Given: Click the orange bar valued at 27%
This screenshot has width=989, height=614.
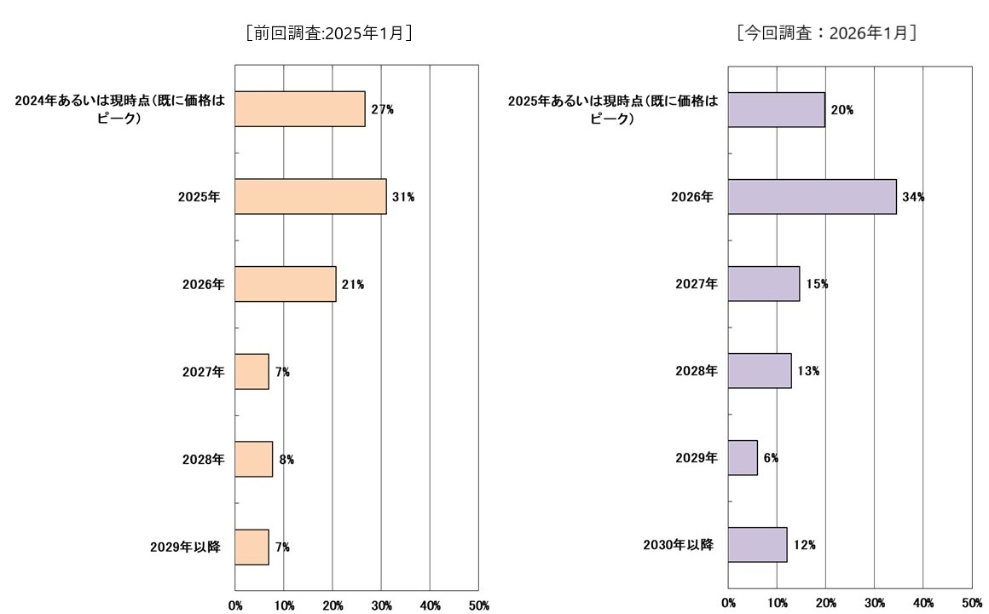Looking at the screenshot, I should pos(299,109).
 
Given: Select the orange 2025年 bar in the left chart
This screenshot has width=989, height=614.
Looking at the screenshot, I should pos(309,196).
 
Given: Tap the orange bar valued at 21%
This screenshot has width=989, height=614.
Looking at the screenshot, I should pos(285,284).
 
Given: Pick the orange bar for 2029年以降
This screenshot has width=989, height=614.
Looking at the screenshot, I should pos(252,547).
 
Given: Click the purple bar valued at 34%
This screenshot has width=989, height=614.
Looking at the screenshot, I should pos(812,196).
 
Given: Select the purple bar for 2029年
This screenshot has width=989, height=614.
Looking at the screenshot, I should pos(743,458).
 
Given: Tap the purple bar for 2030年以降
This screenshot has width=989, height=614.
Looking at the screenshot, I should pos(757,545).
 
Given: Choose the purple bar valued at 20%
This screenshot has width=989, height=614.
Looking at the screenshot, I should pos(776,109).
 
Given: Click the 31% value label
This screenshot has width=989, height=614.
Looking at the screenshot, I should pos(403,197).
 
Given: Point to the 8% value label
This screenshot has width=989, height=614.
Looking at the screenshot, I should pos(286,460).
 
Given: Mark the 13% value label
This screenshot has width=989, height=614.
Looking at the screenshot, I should pos(808,371).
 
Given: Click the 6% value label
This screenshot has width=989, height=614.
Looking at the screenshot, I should pos(771,458).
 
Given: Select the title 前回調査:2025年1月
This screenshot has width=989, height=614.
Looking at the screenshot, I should pos(329,33).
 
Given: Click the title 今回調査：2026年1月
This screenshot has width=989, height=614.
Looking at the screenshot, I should pos(826,33).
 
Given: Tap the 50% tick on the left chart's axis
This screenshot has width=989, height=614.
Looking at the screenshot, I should pos(479,605).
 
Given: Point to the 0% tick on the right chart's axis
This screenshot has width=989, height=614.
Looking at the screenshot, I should pos(728,603).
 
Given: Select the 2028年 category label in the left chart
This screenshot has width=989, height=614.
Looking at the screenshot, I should pos(203,460).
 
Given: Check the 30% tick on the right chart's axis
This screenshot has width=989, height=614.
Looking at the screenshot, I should pos(875,603).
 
